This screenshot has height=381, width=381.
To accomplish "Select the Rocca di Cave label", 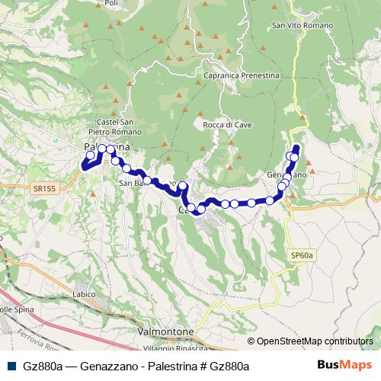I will (223, 124).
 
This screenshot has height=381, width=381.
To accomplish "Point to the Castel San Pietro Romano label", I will (116, 126).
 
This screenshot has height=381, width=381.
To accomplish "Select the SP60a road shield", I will (302, 255).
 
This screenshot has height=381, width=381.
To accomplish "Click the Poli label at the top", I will (111, 4).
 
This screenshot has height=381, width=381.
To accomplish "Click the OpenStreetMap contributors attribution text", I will (315, 341).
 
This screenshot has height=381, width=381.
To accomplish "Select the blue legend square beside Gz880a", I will (14, 367).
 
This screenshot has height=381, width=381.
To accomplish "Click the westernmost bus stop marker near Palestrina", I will (84, 161).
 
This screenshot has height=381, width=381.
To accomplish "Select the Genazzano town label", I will (287, 175).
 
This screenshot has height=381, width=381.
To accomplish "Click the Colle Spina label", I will (15, 310).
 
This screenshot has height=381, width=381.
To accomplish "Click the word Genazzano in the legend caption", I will (102, 367).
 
